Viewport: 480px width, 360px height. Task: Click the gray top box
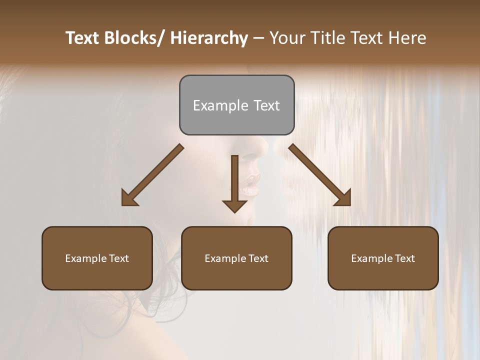236,105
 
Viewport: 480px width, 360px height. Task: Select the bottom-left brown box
97,258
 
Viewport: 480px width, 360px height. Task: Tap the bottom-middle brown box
236,258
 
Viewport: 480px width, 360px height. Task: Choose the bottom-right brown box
383,258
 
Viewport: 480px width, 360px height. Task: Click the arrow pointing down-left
152,175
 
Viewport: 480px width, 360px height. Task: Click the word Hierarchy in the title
209,38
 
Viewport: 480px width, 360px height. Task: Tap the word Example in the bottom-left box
86,258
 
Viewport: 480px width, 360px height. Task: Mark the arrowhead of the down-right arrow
343,198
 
